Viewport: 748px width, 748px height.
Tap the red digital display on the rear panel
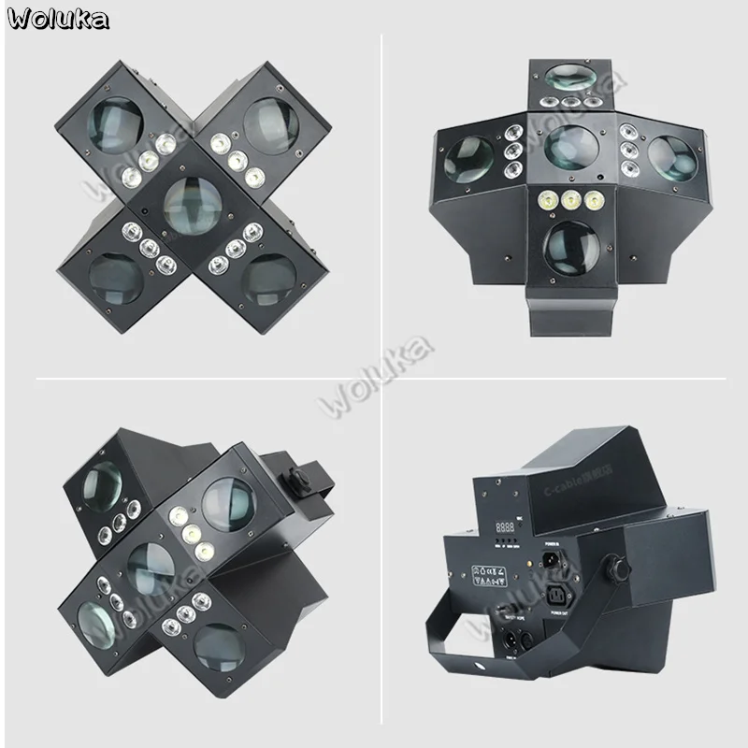pyautogui.click(x=505, y=526)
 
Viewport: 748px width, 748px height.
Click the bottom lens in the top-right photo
pyautogui.click(x=570, y=248)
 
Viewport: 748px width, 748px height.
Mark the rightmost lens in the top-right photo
pyautogui.click(x=669, y=156)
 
